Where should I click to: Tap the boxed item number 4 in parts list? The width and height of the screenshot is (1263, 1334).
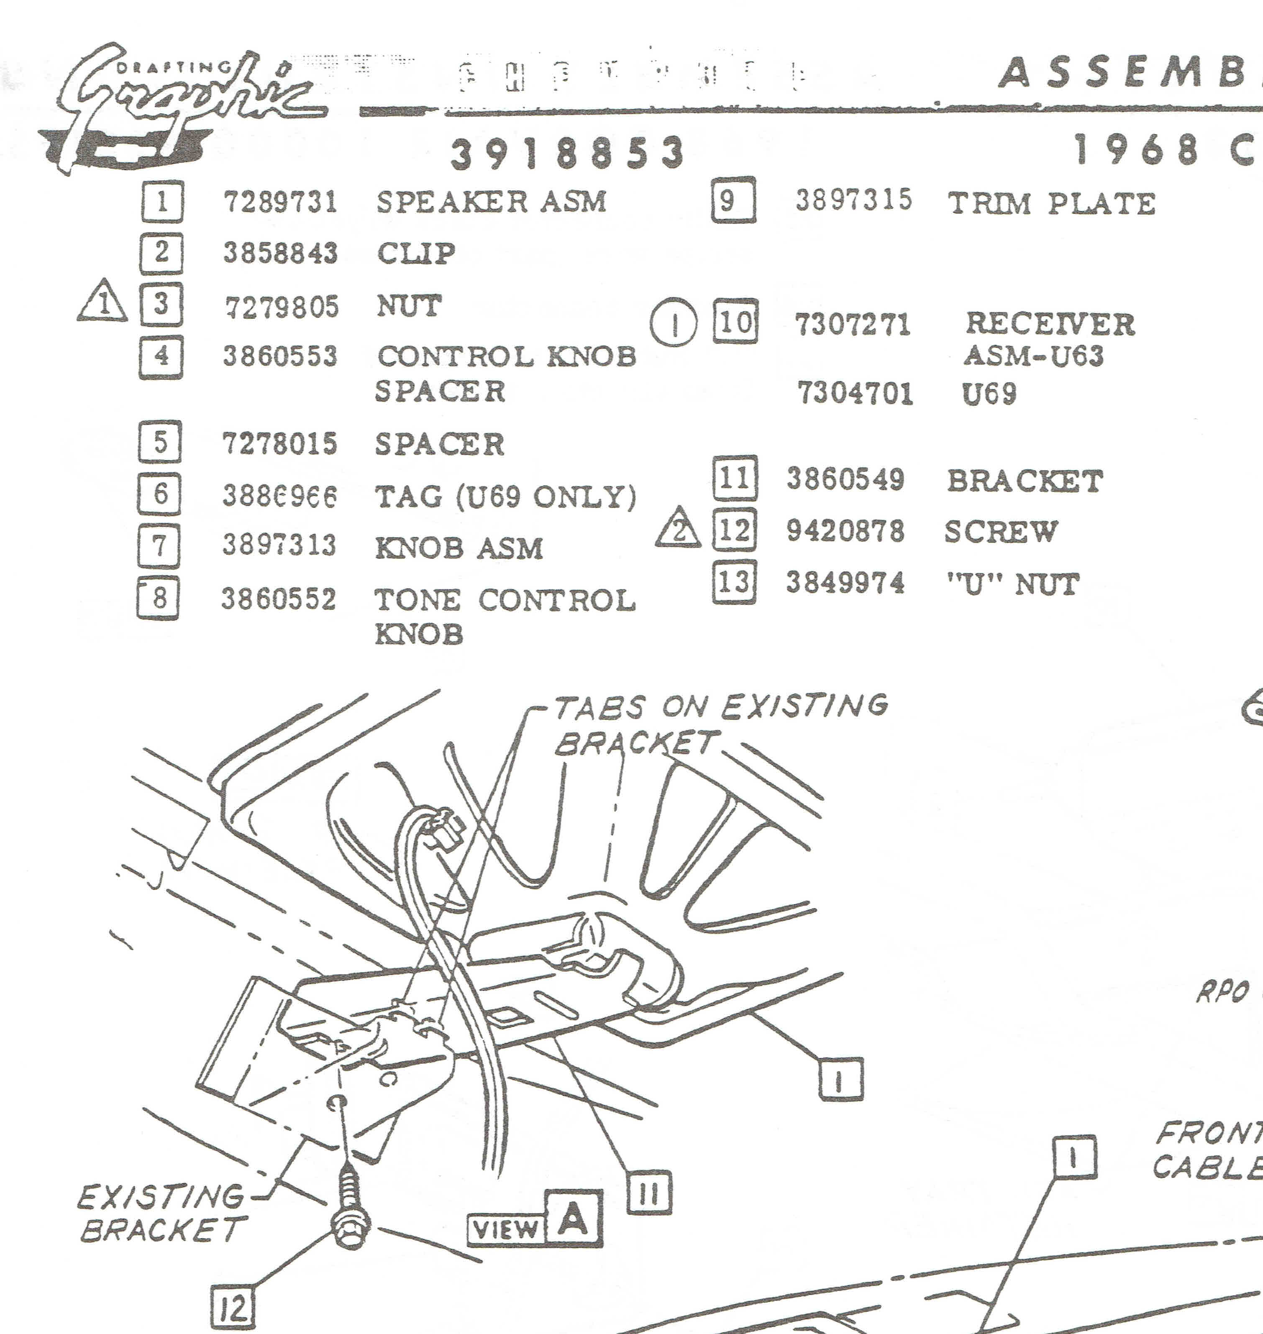coord(161,357)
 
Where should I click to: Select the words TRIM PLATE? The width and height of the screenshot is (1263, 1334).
coord(1051,203)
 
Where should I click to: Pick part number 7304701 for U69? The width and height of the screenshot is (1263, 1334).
coord(855,393)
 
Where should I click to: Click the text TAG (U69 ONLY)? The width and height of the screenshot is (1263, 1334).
coord(505,497)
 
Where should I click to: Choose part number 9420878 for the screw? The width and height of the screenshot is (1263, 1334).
coord(845,531)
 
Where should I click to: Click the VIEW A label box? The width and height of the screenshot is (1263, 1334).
coord(535,1219)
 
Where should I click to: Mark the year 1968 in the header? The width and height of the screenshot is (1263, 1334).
coord(1136,149)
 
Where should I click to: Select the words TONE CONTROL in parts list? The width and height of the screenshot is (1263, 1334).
coord(504,600)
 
